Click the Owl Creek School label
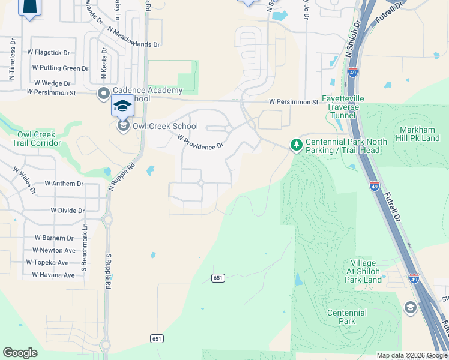click(x=165, y=126)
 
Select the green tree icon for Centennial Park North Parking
click(x=296, y=145)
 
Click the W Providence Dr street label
click(x=200, y=142)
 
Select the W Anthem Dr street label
click(x=64, y=183)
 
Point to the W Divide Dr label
click(x=68, y=211)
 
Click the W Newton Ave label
click(x=55, y=250)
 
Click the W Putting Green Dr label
click(x=61, y=68)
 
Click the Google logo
click(x=20, y=353)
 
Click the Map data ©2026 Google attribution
click(x=412, y=355)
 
